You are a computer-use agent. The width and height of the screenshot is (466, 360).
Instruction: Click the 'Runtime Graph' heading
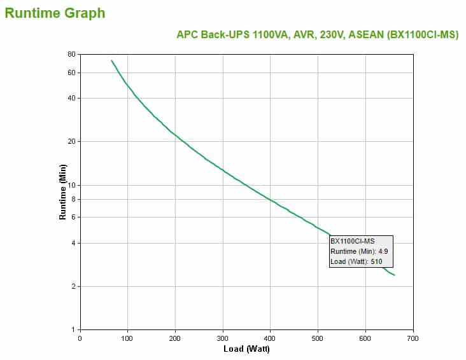(x=55, y=13)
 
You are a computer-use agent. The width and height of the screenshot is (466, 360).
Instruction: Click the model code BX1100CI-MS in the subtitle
(x=423, y=35)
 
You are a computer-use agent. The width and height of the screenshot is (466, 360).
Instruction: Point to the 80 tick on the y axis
(x=71, y=55)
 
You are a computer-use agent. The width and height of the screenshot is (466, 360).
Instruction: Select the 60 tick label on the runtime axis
(x=71, y=73)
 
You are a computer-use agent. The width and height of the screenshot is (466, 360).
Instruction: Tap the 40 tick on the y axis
(x=71, y=98)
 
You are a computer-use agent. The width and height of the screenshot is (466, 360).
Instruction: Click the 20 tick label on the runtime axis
(x=71, y=141)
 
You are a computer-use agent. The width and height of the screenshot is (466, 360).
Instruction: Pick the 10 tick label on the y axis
(x=71, y=185)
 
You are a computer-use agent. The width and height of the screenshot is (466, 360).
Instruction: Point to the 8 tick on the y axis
(x=73, y=199)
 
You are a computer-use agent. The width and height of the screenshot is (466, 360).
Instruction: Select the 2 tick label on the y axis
(x=73, y=286)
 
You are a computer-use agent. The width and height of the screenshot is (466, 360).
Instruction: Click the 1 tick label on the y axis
(x=73, y=329)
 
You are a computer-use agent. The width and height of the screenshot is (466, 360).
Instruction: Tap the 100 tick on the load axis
(x=127, y=338)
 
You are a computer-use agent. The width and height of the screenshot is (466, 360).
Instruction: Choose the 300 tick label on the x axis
(x=223, y=338)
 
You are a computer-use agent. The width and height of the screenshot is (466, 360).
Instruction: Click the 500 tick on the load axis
(x=318, y=338)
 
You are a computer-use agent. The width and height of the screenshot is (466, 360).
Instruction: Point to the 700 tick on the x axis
(x=413, y=338)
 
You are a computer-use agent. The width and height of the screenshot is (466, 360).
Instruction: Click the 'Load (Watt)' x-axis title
(x=246, y=349)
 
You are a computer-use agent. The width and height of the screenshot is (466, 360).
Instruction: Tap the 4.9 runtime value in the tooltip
(x=383, y=251)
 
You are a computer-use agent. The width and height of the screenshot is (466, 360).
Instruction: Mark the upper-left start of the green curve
(x=111, y=60)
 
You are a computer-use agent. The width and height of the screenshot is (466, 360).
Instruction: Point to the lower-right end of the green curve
(x=395, y=275)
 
